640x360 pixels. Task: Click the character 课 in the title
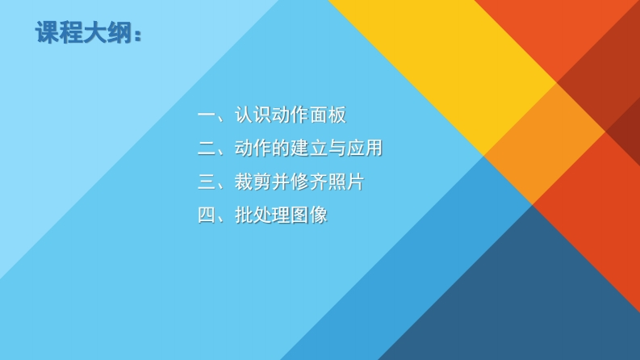click(x=47, y=32)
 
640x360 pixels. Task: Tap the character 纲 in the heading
click(x=119, y=32)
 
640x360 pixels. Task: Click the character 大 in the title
click(x=94, y=32)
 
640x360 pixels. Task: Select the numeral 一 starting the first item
click(x=207, y=115)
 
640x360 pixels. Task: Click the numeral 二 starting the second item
click(x=207, y=149)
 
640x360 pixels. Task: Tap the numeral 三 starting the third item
click(x=207, y=182)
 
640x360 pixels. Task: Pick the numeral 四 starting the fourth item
click(x=207, y=215)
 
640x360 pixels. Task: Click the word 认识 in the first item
click(x=253, y=115)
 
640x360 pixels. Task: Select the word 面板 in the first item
click(x=328, y=115)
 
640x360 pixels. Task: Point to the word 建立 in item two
click(x=309, y=149)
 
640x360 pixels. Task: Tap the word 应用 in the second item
click(x=365, y=149)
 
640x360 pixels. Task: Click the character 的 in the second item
click(x=281, y=149)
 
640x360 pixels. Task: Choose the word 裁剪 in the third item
click(x=253, y=182)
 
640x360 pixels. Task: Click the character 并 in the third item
click(x=281, y=182)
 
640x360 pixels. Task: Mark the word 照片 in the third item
click(x=345, y=182)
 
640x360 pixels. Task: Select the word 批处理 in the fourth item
click(x=262, y=215)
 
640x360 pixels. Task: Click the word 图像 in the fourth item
click(x=309, y=215)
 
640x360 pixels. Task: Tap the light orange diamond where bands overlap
click(x=544, y=144)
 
